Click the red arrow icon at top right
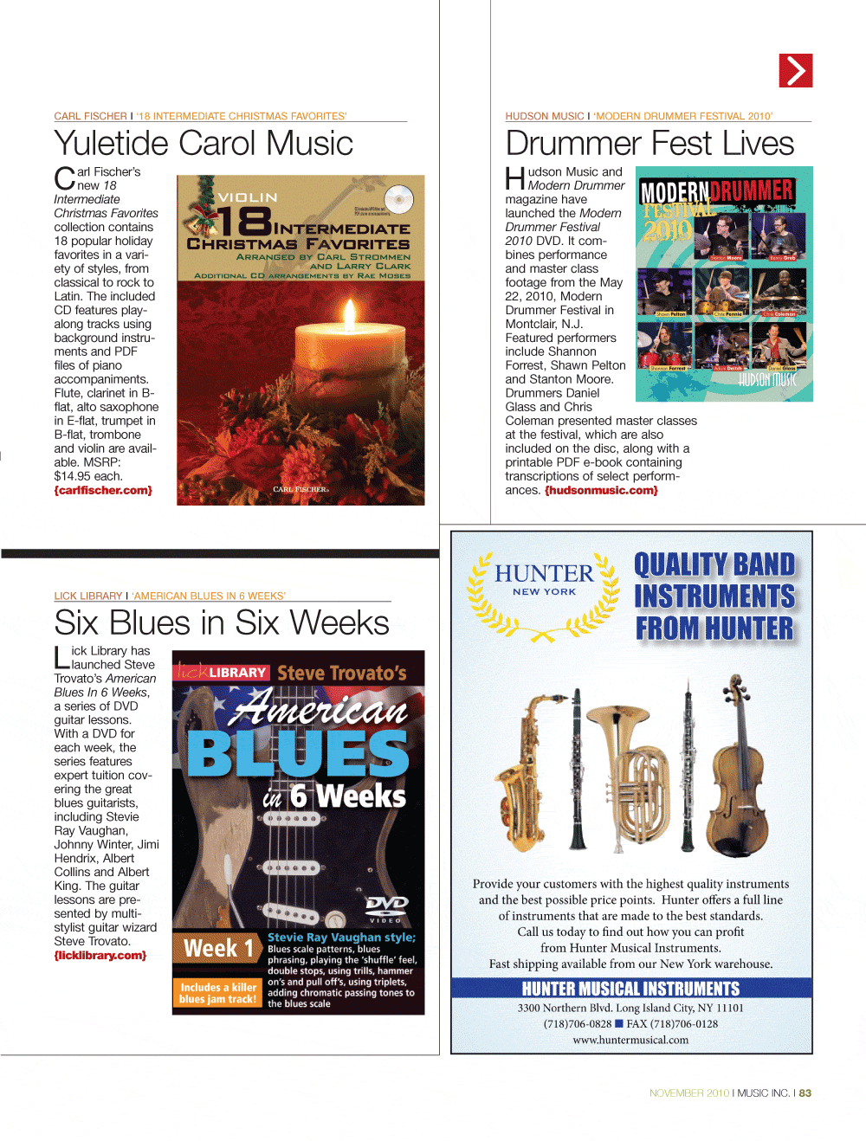coord(796,71)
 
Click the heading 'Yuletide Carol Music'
coord(204,144)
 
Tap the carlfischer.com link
coord(103,491)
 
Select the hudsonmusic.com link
coord(601,491)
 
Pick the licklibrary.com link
coord(100,956)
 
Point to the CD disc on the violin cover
coord(399,199)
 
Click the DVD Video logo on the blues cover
coord(386,907)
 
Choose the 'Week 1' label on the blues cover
coord(218,950)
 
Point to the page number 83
coord(805,1093)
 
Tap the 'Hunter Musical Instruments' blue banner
coord(631,989)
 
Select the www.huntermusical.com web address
coord(630,1041)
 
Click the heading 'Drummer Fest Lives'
coord(649,144)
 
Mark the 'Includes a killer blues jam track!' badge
coord(218,993)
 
